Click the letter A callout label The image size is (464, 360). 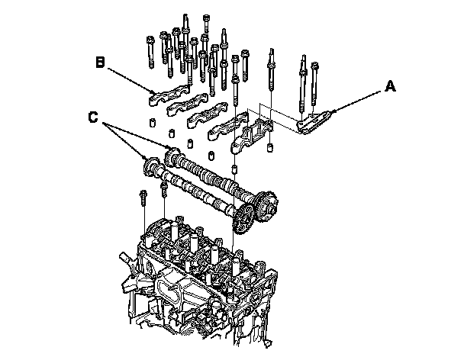tap(390, 87)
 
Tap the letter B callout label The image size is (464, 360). tap(101, 62)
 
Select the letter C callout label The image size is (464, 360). tap(92, 118)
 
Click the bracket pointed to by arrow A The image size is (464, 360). tap(313, 123)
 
